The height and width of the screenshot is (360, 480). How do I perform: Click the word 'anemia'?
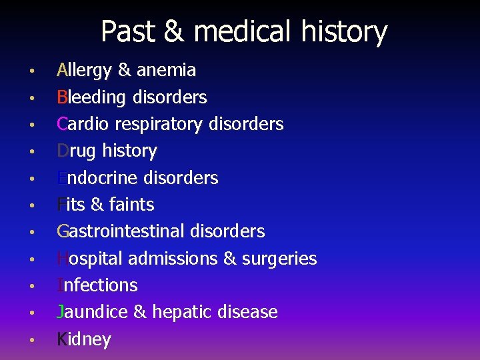tap(166, 71)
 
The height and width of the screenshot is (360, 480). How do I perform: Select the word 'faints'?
tap(132, 205)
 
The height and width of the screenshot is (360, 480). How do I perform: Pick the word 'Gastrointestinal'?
tap(121, 231)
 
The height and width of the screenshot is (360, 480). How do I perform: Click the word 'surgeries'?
tap(279, 259)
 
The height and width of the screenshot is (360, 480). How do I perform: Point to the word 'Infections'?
tap(97, 285)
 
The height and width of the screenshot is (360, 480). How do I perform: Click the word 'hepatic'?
tap(179, 312)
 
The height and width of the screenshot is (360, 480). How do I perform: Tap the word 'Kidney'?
tap(84, 339)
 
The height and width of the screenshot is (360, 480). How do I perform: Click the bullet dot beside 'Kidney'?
tap(31, 341)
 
